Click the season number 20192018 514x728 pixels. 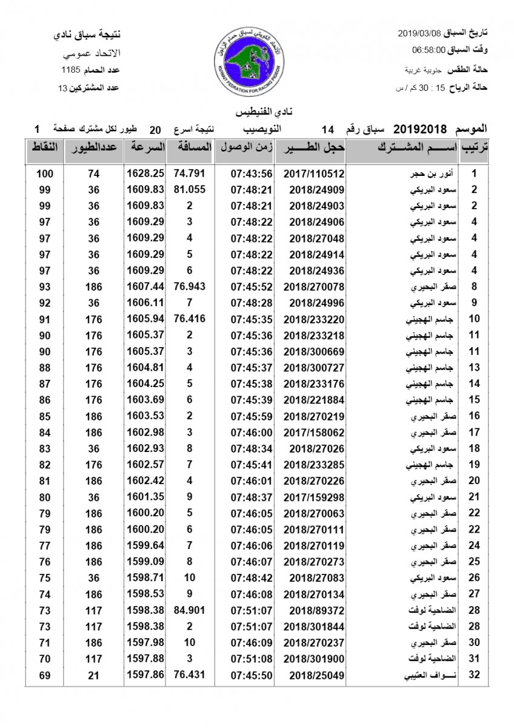(420, 129)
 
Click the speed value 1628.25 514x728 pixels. (145, 173)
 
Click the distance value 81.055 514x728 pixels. (190, 189)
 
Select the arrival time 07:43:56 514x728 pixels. (252, 173)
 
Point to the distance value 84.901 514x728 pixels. (190, 609)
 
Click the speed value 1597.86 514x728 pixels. (145, 674)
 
